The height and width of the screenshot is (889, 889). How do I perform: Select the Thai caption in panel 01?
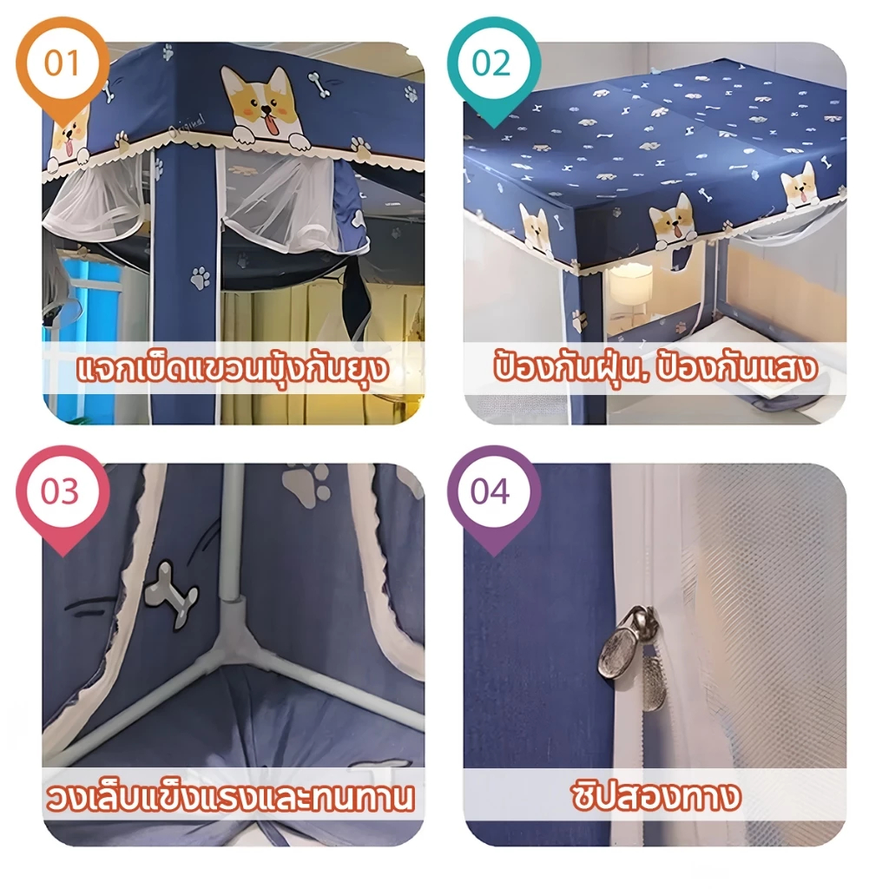click(x=233, y=369)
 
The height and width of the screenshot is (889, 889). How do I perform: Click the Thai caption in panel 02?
click(x=655, y=368)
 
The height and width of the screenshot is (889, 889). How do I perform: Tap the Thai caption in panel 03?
click(x=229, y=797)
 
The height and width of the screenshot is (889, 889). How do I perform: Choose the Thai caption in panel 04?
click(x=656, y=795)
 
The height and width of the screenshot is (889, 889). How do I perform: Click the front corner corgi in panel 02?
click(x=675, y=224)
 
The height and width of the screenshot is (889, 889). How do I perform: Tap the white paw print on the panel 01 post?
click(x=200, y=278)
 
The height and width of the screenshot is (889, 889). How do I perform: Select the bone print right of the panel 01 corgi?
click(x=319, y=84)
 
